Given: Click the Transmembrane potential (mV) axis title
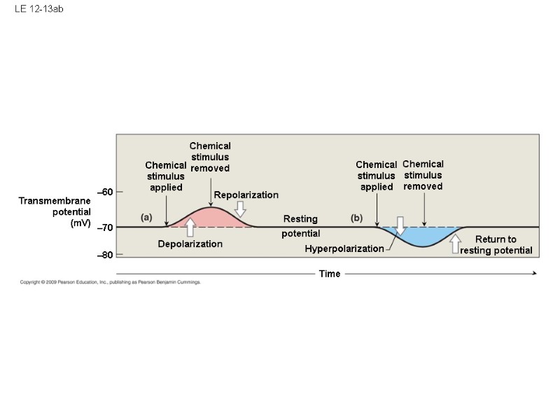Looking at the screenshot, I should pyautogui.click(x=56, y=212).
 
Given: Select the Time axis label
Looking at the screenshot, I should pyautogui.click(x=329, y=274).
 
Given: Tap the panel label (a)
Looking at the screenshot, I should pyautogui.click(x=146, y=217).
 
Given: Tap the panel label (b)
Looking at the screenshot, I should pyautogui.click(x=357, y=218).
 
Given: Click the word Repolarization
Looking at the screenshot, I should pyautogui.click(x=246, y=195).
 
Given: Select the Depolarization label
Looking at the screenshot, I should pyautogui.click(x=190, y=244).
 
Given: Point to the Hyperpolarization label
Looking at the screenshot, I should pyautogui.click(x=344, y=248).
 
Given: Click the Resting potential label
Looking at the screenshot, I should pyautogui.click(x=301, y=226).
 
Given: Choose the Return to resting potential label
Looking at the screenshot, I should pyautogui.click(x=496, y=245).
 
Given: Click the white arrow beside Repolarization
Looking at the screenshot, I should pyautogui.click(x=240, y=209).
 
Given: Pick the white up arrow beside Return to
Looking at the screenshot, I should pyautogui.click(x=456, y=244).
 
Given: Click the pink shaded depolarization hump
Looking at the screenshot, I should pyautogui.click(x=211, y=218).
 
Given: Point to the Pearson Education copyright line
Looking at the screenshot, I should pyautogui.click(x=111, y=282).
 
